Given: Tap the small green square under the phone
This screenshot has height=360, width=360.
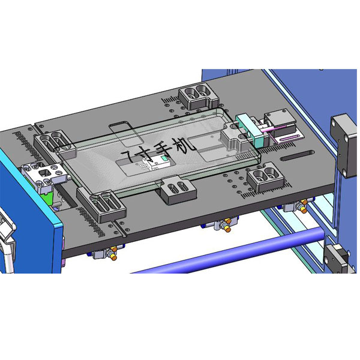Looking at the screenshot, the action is coord(164,158).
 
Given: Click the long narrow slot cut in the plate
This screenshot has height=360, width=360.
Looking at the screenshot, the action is coord(297,155).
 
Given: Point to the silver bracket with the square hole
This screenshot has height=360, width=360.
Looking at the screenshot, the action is coord(45,175).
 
